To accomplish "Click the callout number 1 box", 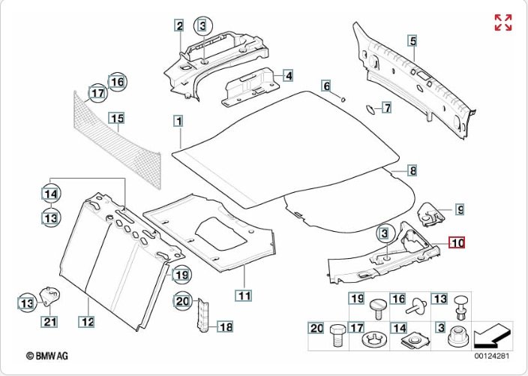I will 178,120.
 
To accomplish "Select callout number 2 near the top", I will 180,26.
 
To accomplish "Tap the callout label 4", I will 288,76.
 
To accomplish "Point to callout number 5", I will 412,41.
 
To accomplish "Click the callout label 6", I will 326,86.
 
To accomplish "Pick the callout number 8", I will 412,170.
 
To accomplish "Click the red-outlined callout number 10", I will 457,242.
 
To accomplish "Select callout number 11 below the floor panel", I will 244,295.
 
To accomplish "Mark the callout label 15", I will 115,118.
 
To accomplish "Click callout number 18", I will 225,326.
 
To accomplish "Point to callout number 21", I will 49,323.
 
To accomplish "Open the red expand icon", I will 502,23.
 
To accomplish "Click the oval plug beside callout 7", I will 370,109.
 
